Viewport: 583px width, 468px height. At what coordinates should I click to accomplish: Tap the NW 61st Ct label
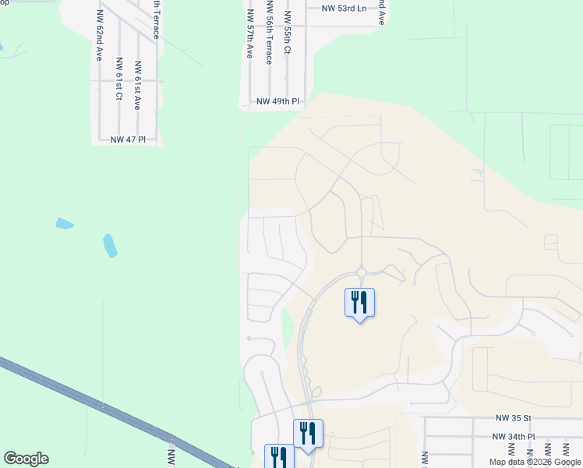coord(118,79)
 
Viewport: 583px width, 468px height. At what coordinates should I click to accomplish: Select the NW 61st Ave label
coord(137,86)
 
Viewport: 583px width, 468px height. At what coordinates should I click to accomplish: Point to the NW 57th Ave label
coord(249,34)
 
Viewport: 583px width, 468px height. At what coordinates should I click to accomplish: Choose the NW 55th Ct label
coord(288,33)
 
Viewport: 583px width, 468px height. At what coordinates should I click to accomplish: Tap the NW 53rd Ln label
coord(344,9)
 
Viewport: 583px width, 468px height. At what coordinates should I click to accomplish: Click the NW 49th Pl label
coord(278,101)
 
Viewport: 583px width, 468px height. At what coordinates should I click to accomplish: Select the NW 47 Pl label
coord(129,140)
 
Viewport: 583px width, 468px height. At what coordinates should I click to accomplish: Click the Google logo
coord(26,459)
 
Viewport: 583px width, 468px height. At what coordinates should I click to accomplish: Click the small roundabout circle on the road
coord(361,272)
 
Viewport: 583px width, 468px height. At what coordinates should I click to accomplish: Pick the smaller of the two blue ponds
coord(65,224)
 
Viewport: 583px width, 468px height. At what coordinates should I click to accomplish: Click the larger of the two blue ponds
coord(111,246)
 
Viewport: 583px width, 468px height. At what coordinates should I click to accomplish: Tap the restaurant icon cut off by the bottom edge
coord(278,456)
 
